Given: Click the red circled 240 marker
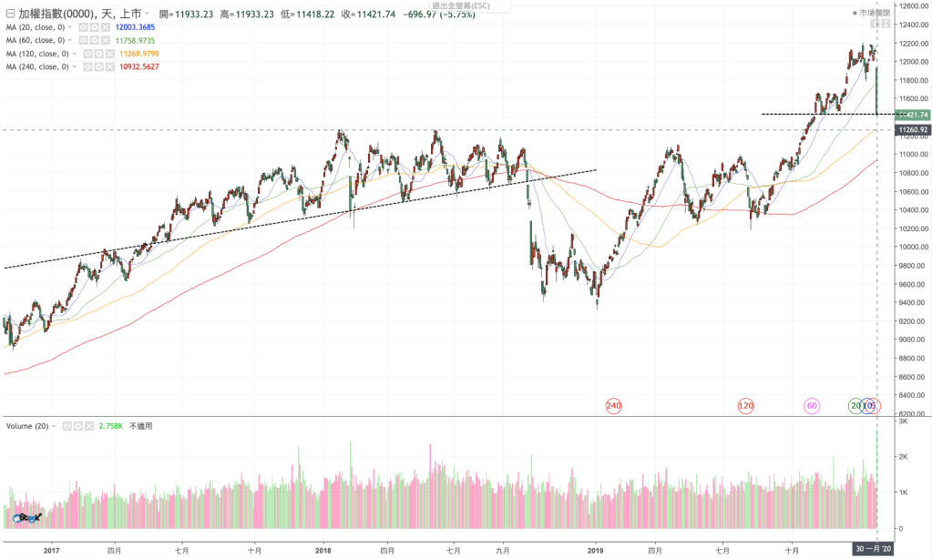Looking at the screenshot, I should [x=613, y=405].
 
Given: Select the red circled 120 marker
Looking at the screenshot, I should [x=745, y=405].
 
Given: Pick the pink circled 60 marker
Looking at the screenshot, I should [x=811, y=405].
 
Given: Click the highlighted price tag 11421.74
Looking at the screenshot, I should [x=912, y=115].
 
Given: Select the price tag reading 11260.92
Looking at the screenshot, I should [x=912, y=130].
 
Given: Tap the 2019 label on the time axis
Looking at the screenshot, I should [x=596, y=550].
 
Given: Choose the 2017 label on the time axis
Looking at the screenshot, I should [x=51, y=550].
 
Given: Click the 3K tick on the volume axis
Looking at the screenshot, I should [x=903, y=421].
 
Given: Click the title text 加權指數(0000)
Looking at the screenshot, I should [x=57, y=14].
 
